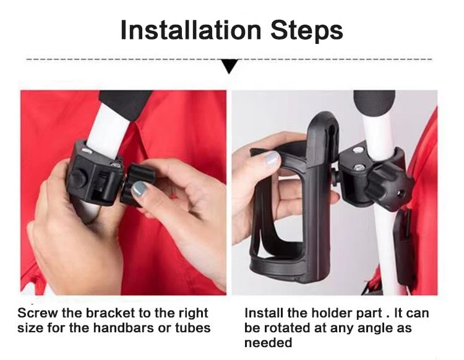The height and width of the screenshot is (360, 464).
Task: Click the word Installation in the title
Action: coord(191,30)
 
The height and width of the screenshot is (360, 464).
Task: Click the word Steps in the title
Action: coord(307,30)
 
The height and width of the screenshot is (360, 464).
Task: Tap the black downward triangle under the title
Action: coord(230,66)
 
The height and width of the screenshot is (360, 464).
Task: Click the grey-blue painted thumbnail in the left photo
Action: coord(139,189)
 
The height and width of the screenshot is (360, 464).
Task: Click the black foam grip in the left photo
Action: coord(126,103)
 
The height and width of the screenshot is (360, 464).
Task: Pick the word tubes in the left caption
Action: coord(193,328)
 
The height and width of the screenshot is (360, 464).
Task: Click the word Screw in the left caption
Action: coord(38,313)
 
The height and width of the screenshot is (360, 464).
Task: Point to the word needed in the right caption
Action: coord(268,343)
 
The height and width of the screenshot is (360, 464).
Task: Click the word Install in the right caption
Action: coord(264,313)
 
